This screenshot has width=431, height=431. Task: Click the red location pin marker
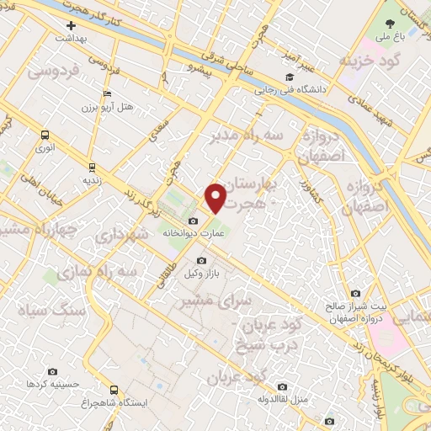[x=216, y=197]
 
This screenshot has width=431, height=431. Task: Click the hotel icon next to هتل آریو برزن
[x=106, y=94]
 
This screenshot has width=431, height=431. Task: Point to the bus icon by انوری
[x=45, y=135]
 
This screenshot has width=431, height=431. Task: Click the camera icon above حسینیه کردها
[x=52, y=371]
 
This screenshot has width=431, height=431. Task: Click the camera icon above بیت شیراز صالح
[x=358, y=294]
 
